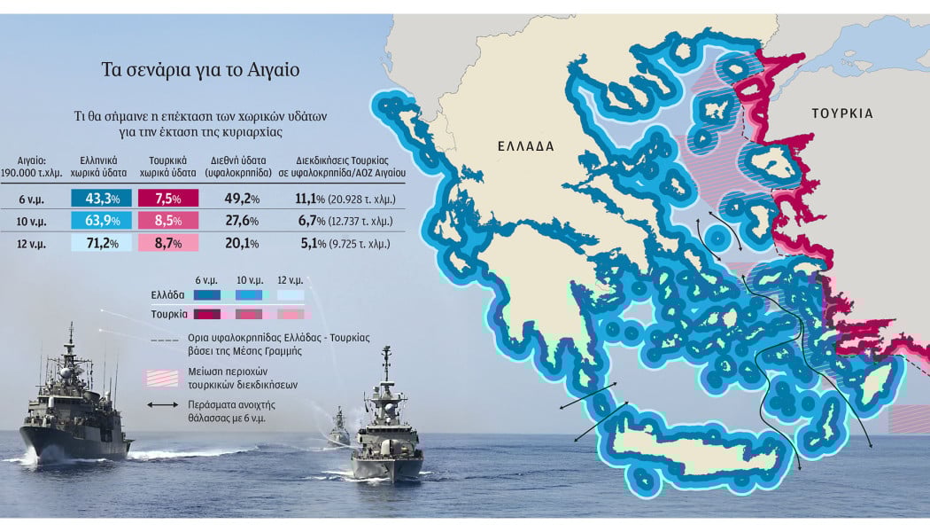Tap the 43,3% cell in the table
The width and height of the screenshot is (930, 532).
tap(101, 199)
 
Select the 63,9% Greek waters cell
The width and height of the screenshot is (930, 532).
tap(101, 221)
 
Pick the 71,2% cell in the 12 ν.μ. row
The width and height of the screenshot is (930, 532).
tap(101, 243)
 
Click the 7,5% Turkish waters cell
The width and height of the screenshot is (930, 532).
tap(168, 199)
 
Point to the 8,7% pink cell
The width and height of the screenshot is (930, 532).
tap(168, 243)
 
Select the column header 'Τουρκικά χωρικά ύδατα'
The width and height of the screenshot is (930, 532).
tap(167, 168)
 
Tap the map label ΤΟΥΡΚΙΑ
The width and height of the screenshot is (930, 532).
tap(842, 113)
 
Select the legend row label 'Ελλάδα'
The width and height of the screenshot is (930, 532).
tap(168, 293)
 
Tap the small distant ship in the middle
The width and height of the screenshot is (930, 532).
tap(340, 428)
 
